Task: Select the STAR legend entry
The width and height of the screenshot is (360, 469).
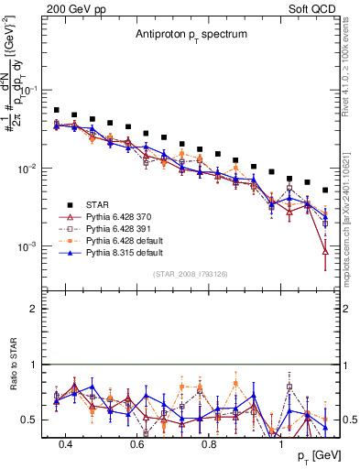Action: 99,204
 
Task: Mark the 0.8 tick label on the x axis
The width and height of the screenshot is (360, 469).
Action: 209,443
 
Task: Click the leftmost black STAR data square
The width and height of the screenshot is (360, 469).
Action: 57,110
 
